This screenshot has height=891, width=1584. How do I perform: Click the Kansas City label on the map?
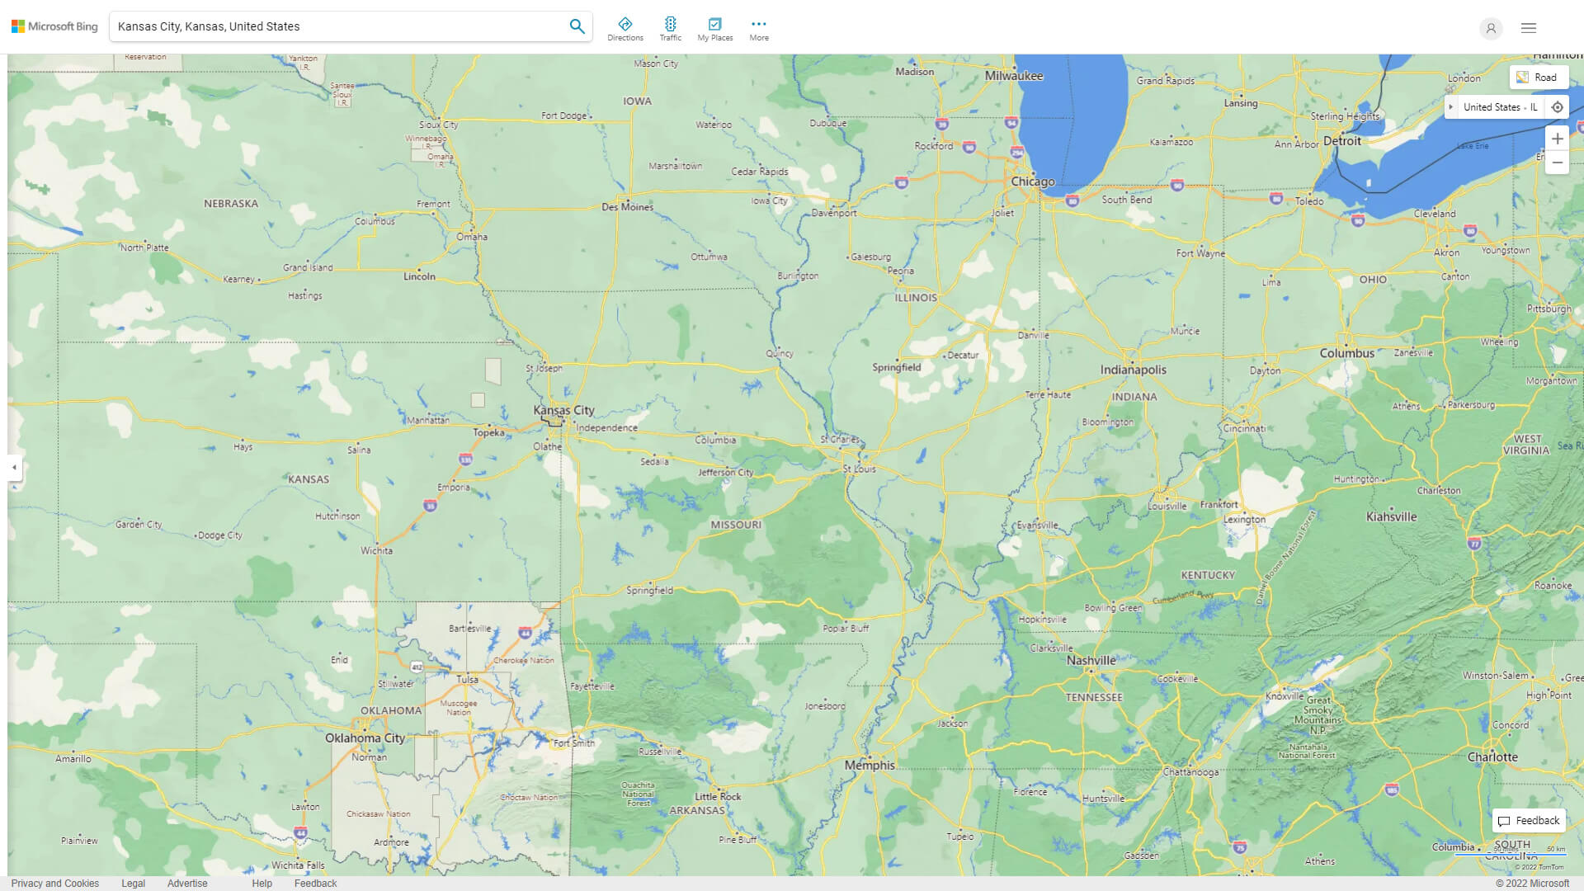click(563, 410)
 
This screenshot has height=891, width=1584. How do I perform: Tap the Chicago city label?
click(1032, 181)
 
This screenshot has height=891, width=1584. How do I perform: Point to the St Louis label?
click(859, 469)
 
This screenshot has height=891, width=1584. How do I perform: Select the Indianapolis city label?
click(1133, 370)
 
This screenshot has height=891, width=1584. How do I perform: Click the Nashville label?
click(1091, 661)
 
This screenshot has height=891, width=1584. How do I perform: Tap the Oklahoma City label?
click(365, 738)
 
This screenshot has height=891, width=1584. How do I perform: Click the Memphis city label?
click(869, 765)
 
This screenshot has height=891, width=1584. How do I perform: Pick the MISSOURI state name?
click(736, 525)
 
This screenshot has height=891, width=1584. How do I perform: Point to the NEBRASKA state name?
click(231, 203)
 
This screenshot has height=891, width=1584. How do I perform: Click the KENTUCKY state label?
click(1208, 575)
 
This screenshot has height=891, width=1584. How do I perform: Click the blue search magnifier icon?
click(577, 26)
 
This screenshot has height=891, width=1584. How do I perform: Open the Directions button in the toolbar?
click(625, 28)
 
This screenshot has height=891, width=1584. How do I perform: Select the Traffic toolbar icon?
click(670, 28)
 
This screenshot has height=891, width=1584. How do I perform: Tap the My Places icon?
click(714, 28)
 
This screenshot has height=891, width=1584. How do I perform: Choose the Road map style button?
click(1538, 78)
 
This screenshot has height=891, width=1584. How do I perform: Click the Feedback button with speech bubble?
click(1529, 820)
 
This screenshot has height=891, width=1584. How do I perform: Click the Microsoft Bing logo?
click(54, 26)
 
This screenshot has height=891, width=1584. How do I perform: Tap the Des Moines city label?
click(627, 207)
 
